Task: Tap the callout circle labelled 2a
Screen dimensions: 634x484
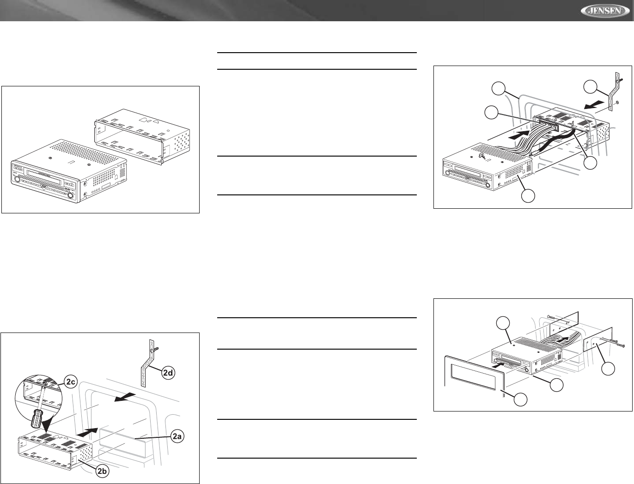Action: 177,437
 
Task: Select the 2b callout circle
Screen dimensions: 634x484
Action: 102,471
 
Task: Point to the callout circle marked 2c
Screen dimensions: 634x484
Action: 71,382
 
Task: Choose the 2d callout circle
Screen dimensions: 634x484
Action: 168,373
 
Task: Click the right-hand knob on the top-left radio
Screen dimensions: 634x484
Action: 70,195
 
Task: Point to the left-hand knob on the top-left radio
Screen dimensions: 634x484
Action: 17,179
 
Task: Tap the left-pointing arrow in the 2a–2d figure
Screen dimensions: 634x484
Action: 125,397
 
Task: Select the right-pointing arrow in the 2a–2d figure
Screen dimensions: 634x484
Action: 87,432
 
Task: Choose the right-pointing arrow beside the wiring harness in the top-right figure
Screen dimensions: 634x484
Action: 518,134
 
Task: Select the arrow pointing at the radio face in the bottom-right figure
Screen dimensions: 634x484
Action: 498,365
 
